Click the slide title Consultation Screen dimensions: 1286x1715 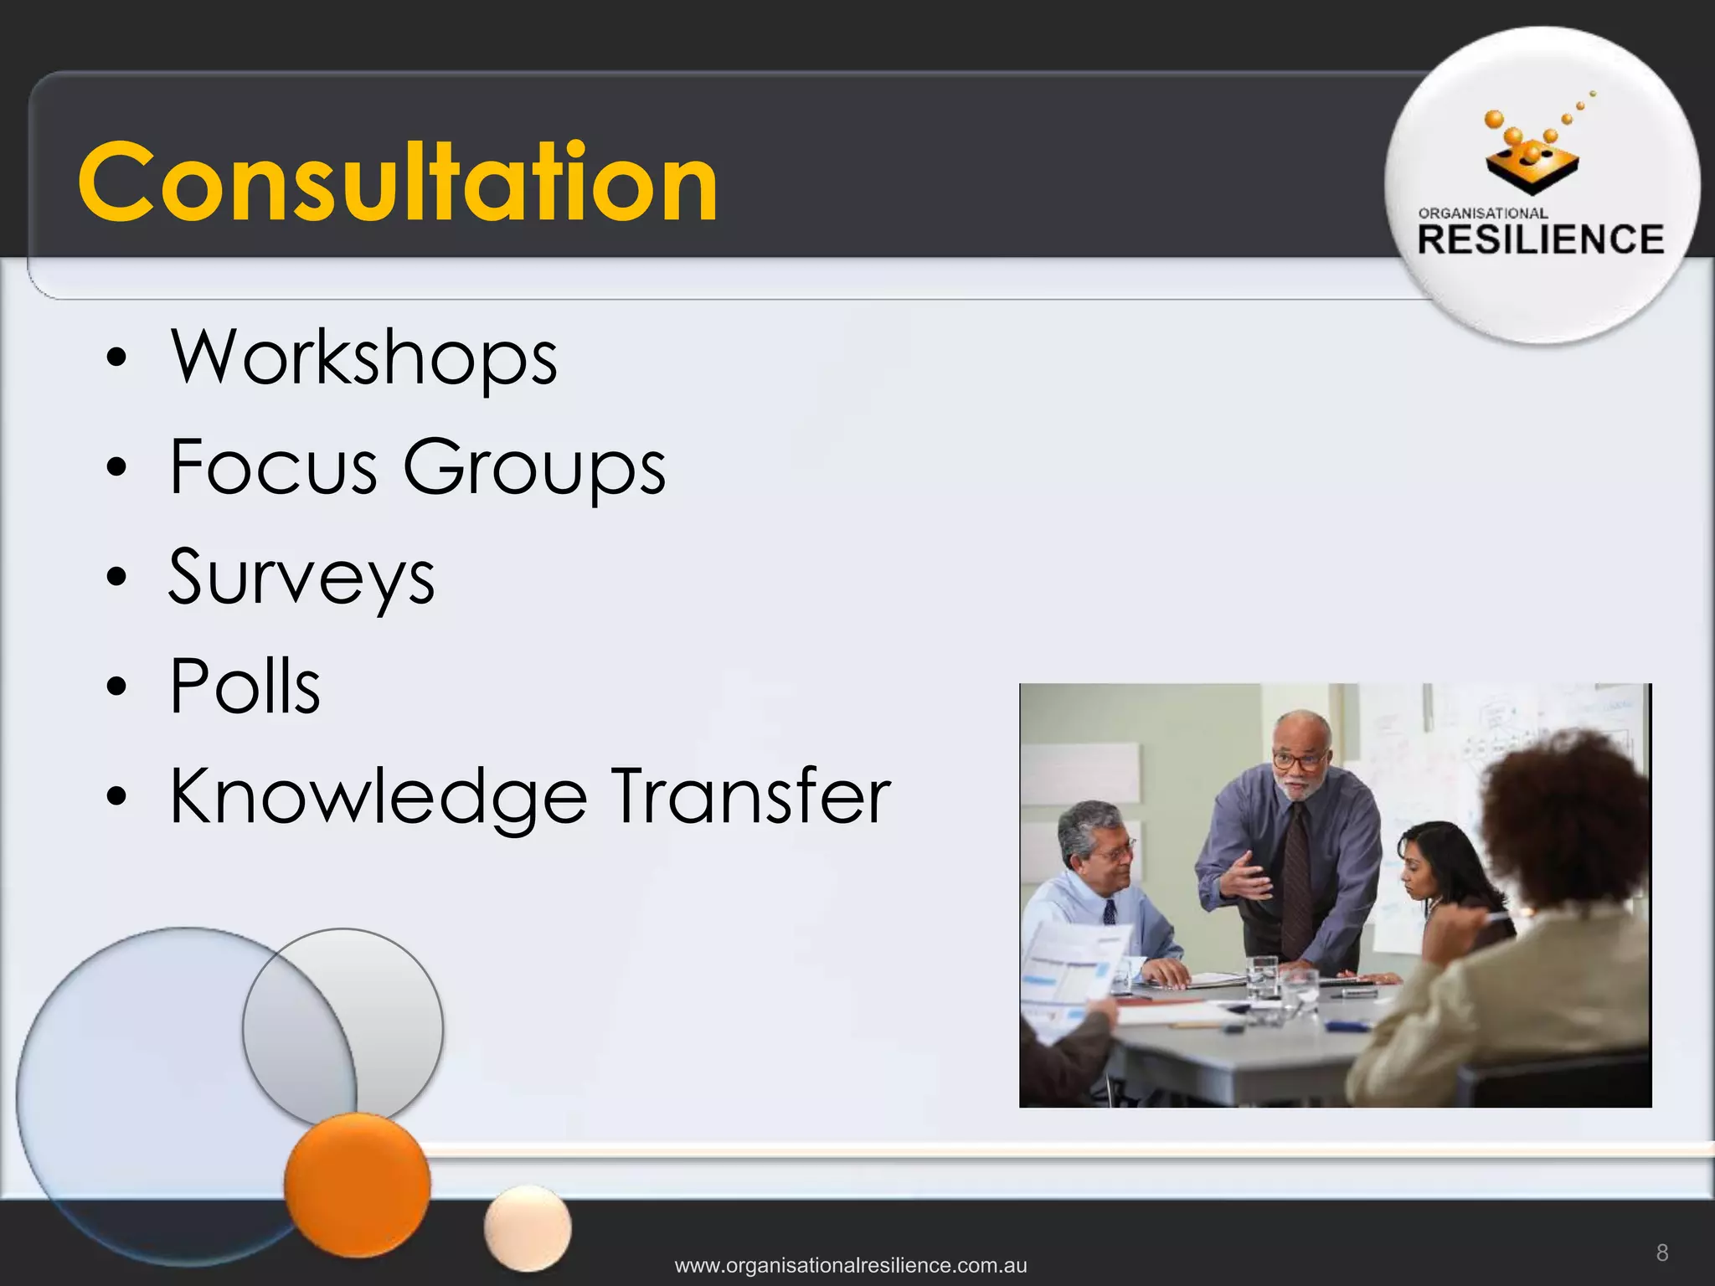click(x=398, y=182)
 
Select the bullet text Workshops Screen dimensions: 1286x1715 click(x=363, y=358)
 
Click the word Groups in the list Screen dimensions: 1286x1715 click(x=534, y=469)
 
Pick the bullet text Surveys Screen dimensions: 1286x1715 click(x=301, y=578)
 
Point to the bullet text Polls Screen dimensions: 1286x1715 click(x=245, y=686)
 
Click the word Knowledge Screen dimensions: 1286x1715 click(x=379, y=798)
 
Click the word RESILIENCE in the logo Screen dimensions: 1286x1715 click(x=1541, y=240)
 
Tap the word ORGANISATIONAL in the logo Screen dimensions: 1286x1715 click(x=1483, y=213)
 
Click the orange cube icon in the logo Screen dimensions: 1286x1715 click(x=1532, y=163)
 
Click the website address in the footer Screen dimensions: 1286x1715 click(x=851, y=1265)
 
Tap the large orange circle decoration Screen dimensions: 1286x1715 click(x=357, y=1184)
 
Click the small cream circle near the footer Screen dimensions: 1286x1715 click(x=528, y=1228)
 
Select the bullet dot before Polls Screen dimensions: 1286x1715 click(x=117, y=687)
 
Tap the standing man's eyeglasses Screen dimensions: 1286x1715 click(x=1298, y=761)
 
